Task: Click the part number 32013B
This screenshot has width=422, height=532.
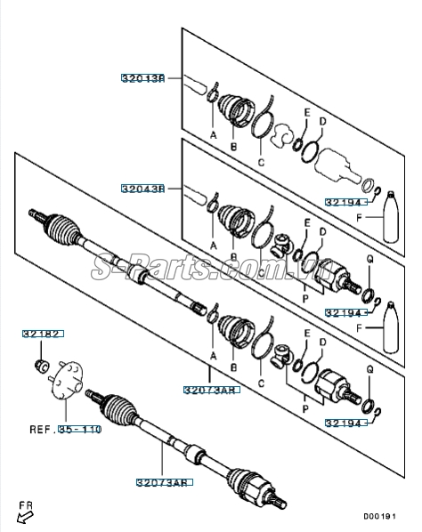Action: [143, 79]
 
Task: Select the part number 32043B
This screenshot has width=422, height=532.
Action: [143, 189]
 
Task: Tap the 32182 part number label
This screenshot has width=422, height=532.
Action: [42, 335]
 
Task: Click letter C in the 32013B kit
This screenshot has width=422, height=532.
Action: [261, 163]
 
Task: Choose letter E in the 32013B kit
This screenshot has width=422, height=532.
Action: [306, 113]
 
